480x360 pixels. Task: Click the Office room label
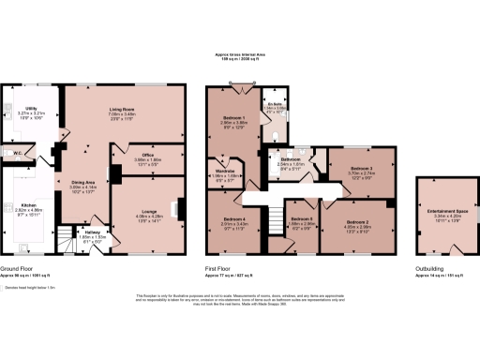(x=142, y=155)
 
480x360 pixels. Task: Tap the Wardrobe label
(x=225, y=171)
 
